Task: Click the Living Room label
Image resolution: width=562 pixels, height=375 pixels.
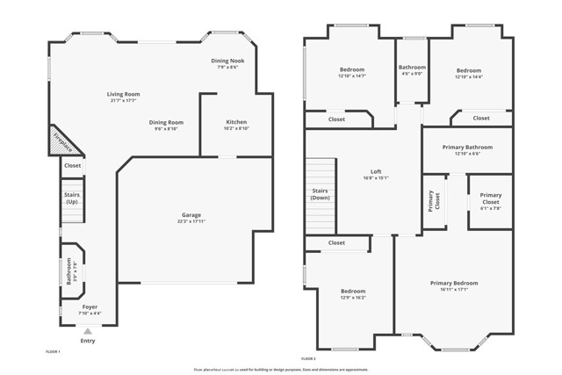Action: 124,94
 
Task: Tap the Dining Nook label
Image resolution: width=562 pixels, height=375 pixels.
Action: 227,60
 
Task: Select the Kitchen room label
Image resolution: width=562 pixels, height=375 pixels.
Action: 236,121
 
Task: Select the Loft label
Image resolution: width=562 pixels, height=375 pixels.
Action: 376,171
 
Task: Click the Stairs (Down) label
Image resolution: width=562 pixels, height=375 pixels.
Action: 320,194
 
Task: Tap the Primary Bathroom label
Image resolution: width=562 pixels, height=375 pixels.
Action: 466,148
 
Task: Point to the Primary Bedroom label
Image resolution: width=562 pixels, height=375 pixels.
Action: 454,283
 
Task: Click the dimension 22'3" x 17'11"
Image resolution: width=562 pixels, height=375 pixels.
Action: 192,221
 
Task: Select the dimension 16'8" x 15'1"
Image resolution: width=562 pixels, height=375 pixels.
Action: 376,178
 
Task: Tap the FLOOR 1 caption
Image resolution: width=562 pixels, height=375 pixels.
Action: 53,351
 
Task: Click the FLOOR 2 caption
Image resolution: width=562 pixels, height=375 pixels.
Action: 308,358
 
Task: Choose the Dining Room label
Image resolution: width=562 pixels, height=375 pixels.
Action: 166,122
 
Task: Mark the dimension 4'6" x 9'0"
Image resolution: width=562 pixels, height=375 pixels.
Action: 412,75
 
